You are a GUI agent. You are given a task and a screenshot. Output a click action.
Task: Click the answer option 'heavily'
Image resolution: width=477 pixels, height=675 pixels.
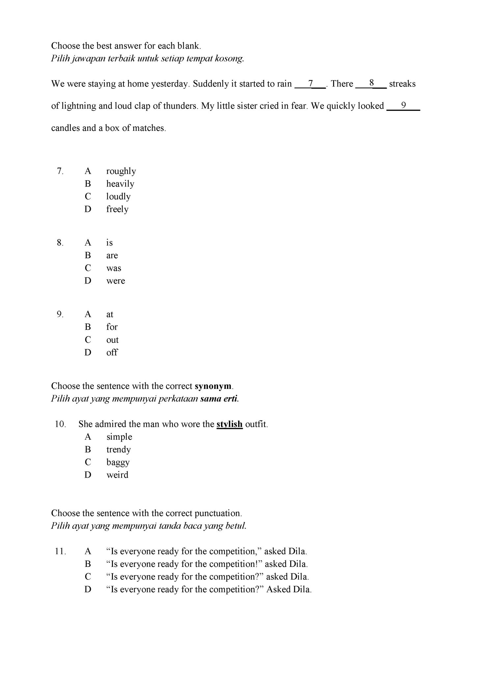pyautogui.click(x=120, y=184)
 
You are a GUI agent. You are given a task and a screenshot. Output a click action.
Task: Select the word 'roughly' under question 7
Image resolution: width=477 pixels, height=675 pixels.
pyautogui.click(x=121, y=171)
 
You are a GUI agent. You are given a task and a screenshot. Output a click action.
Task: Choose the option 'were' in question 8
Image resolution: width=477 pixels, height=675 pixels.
pyautogui.click(x=116, y=281)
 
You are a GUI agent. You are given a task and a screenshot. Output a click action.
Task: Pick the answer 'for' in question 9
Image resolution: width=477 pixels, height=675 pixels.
pyautogui.click(x=112, y=327)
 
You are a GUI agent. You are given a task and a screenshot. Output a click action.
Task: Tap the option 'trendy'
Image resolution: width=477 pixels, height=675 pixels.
pyautogui.click(x=119, y=450)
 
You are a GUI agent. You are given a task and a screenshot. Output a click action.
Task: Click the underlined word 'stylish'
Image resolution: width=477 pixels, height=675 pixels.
pyautogui.click(x=229, y=424)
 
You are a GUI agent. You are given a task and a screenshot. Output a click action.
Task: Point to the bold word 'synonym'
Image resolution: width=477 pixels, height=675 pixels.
pyautogui.click(x=213, y=386)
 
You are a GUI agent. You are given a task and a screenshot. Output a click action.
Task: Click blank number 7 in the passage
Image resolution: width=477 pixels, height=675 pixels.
pyautogui.click(x=310, y=84)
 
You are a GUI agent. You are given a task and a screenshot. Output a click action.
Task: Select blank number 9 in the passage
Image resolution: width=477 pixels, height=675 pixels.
pyautogui.click(x=403, y=106)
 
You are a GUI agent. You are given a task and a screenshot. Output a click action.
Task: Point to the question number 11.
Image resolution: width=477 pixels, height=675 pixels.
pyautogui.click(x=61, y=551)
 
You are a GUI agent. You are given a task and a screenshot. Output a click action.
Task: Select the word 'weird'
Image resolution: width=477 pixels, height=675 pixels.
pyautogui.click(x=117, y=475)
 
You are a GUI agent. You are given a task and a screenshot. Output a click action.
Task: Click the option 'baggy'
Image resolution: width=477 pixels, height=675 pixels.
pyautogui.click(x=118, y=462)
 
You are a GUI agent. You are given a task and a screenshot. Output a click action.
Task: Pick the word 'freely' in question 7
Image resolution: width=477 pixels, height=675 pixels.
pyautogui.click(x=117, y=209)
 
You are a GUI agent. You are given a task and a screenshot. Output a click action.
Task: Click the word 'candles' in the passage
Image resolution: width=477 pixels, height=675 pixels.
pyautogui.click(x=65, y=128)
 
